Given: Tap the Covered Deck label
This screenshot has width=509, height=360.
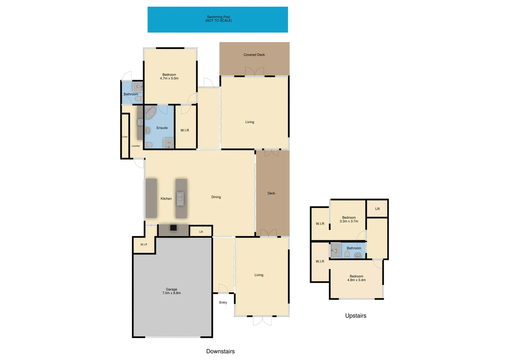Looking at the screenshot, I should [x=254, y=55].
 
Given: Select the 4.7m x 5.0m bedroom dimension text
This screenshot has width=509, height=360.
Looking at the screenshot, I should [x=169, y=79].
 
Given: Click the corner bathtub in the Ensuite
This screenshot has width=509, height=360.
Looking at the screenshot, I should [x=150, y=113].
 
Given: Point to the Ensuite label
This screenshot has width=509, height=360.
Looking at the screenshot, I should [x=162, y=128].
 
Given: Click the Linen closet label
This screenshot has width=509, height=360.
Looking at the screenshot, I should [x=125, y=137].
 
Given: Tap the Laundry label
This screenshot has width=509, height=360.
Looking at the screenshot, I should [x=136, y=146].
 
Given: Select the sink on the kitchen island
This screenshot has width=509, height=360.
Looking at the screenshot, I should [x=180, y=199].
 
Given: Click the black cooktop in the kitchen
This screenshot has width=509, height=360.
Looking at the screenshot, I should [x=173, y=228].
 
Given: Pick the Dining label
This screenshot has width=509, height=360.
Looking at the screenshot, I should [x=216, y=197].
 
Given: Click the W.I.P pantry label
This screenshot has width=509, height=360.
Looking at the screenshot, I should [x=144, y=245].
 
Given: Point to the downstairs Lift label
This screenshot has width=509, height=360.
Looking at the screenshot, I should [x=201, y=232].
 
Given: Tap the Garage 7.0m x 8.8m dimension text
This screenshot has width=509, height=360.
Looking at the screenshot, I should [x=172, y=293].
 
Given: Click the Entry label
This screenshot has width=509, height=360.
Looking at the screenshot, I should [x=223, y=303].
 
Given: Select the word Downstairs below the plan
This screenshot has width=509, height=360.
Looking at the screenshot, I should [x=221, y=351].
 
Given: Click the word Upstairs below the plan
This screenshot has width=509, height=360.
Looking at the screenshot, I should [x=356, y=316].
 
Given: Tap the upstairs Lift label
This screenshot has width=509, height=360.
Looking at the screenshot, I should [x=377, y=209].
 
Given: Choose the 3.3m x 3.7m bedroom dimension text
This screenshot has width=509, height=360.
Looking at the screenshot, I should [x=349, y=221].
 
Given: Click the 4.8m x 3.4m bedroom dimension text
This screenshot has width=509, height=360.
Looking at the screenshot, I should [x=356, y=280].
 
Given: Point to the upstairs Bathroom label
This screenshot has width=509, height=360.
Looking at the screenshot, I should [x=354, y=248].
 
